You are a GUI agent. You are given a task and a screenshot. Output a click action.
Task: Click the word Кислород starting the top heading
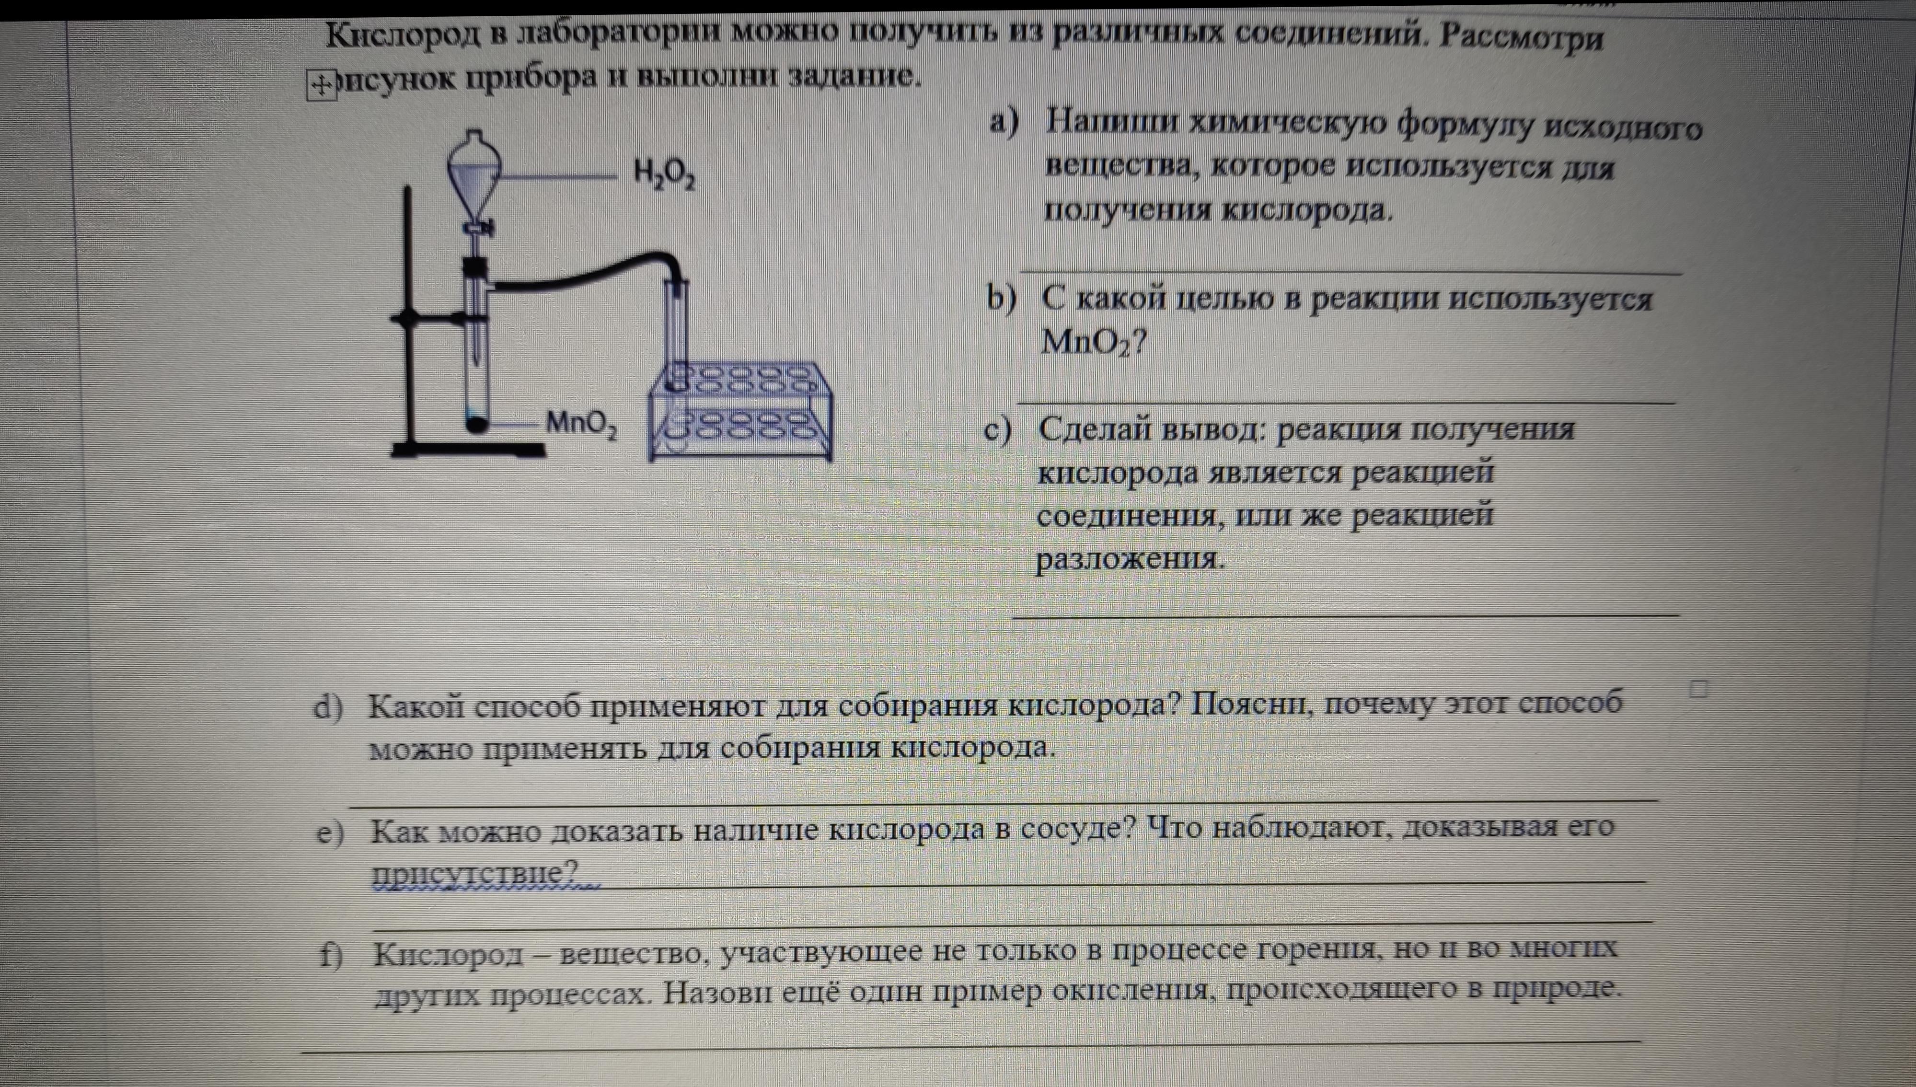pyautogui.click(x=403, y=35)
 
